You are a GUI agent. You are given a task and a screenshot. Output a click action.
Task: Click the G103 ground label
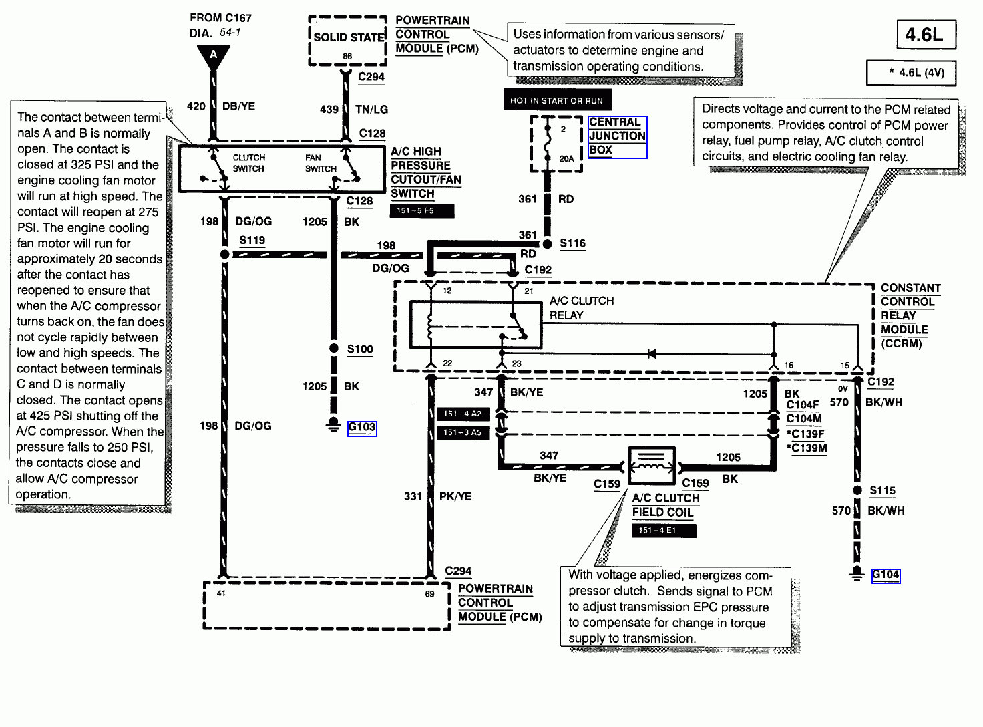(x=362, y=427)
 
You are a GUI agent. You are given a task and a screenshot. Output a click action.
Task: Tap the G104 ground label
(x=886, y=575)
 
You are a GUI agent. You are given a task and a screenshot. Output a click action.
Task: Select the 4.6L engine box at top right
(x=926, y=35)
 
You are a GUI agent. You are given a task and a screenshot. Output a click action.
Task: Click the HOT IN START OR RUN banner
(x=556, y=100)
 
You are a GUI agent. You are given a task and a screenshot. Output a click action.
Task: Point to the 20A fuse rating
(x=566, y=158)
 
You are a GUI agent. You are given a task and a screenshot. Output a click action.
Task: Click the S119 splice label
(x=252, y=240)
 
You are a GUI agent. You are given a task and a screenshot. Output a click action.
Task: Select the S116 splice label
(x=572, y=243)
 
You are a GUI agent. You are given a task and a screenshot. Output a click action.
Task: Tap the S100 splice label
(x=360, y=349)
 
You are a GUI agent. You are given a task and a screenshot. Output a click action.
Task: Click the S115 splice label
(x=882, y=490)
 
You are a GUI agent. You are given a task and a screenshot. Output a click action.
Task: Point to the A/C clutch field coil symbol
(x=652, y=466)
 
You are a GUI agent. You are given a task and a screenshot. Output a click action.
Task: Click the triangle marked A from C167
(x=214, y=56)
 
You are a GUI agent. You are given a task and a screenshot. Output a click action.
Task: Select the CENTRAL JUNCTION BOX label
(x=617, y=136)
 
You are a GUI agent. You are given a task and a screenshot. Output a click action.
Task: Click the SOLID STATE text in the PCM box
(x=349, y=37)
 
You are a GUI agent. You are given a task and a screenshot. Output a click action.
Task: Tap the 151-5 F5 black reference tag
(x=421, y=210)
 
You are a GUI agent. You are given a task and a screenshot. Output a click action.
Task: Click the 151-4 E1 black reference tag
(x=663, y=530)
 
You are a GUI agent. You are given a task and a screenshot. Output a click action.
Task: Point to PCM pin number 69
(x=429, y=593)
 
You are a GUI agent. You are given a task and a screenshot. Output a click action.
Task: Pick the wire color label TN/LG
(x=371, y=109)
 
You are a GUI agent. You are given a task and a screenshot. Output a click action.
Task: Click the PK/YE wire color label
(x=455, y=496)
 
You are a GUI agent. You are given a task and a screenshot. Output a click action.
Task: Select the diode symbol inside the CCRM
(x=652, y=353)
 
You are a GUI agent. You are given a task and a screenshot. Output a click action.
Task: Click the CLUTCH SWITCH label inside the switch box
(x=248, y=163)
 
